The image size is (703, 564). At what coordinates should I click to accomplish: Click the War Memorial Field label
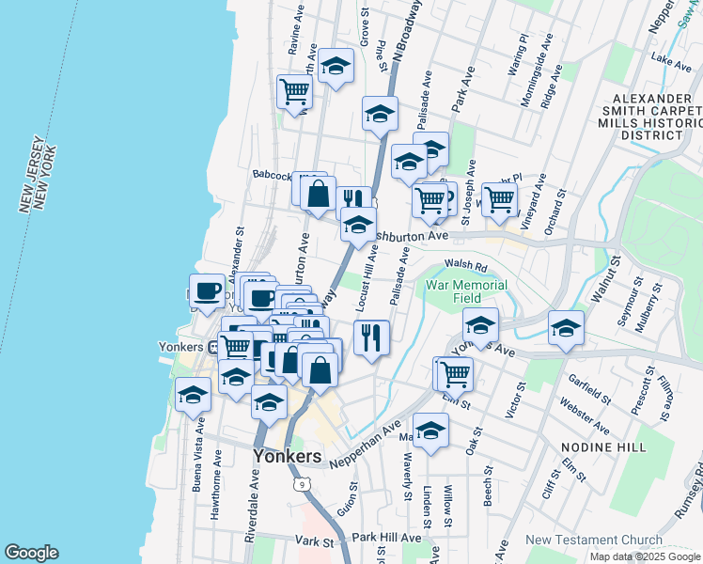[x=467, y=291]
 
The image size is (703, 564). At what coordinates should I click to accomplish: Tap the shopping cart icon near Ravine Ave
[x=294, y=91]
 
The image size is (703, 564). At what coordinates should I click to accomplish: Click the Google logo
[x=31, y=553]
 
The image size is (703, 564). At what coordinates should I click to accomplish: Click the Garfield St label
[x=590, y=393]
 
